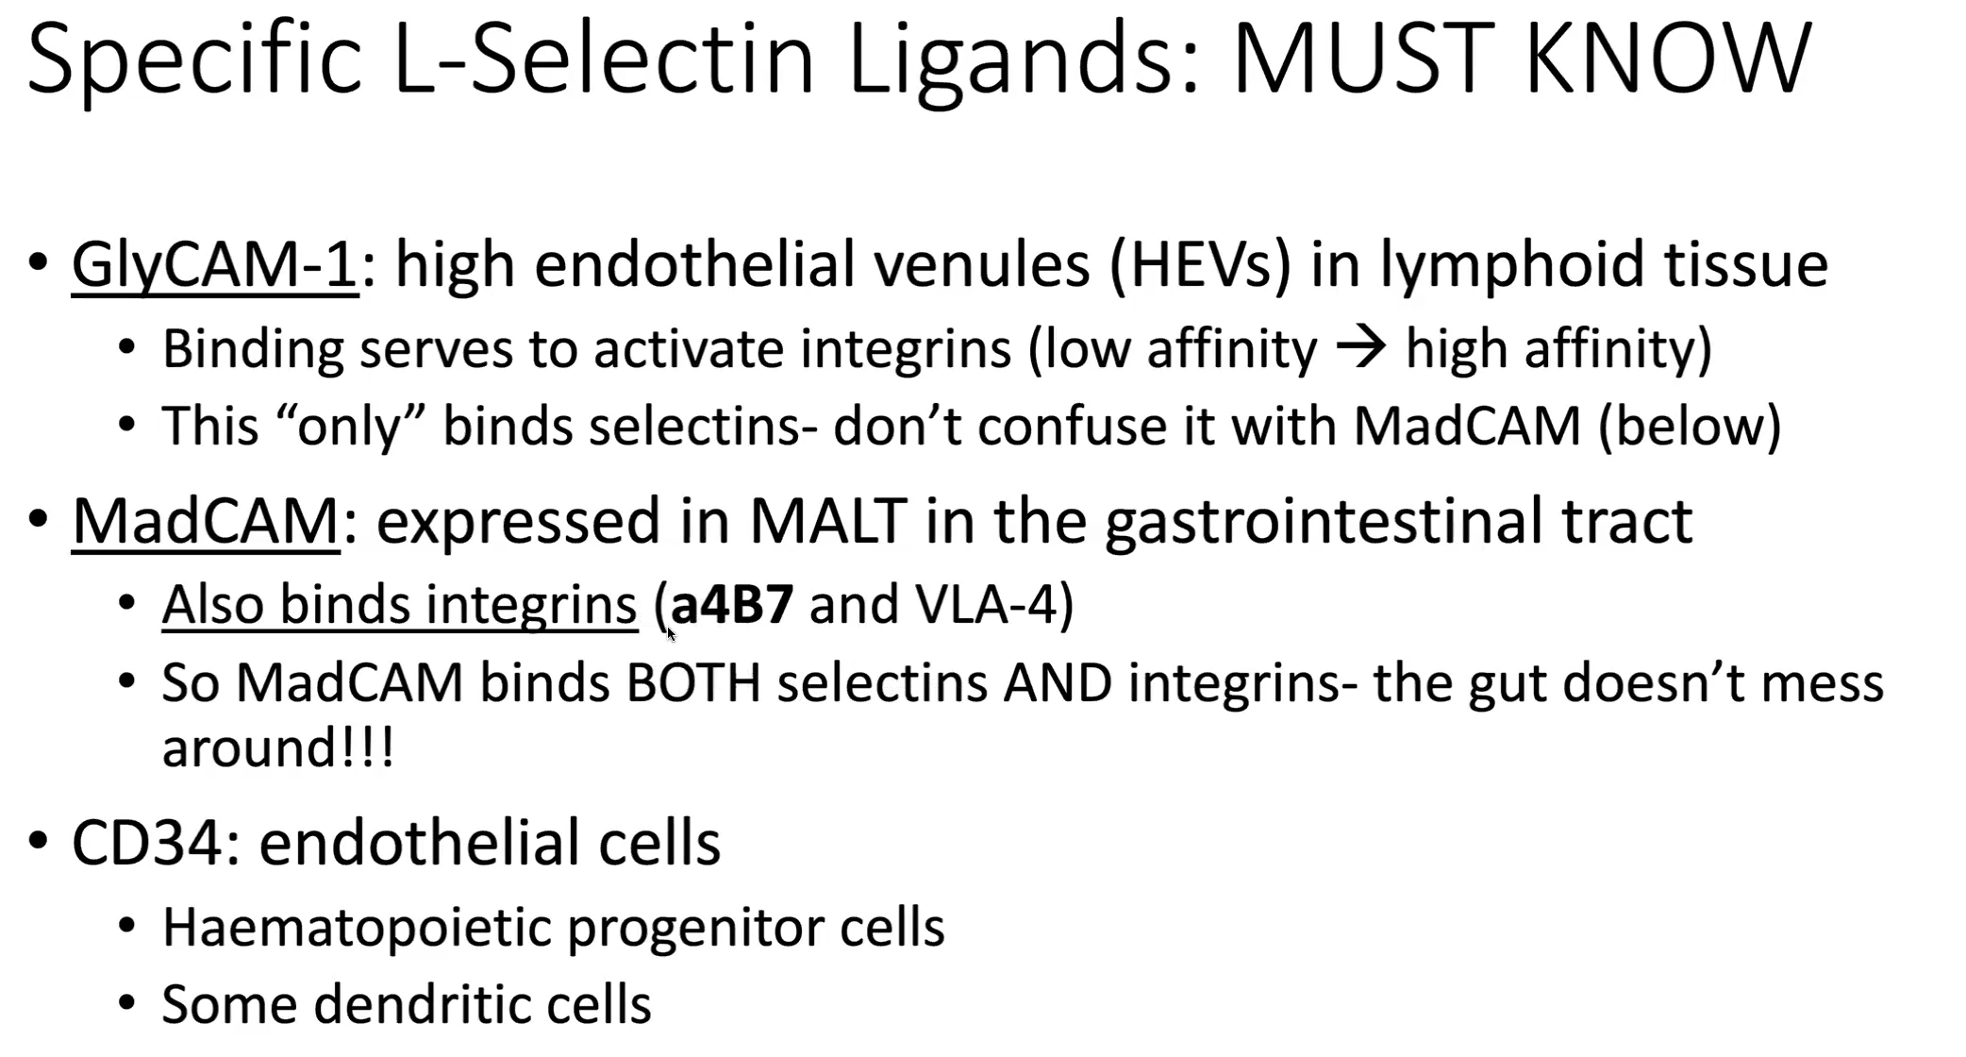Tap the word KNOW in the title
[x=1668, y=59]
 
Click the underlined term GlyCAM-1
[x=215, y=264]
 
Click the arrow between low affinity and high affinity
[x=1361, y=349]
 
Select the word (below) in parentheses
[x=1690, y=426]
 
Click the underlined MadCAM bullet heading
[x=206, y=521]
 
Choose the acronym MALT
[x=828, y=521]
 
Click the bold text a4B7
[x=732, y=605]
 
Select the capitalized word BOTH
[x=693, y=683]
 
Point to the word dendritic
[x=421, y=1004]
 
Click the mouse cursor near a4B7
[x=671, y=634]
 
